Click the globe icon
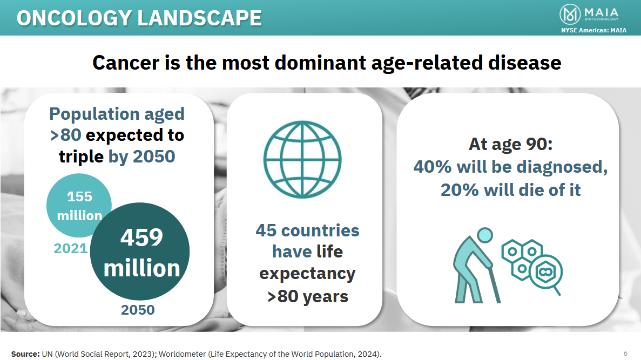pos(302,159)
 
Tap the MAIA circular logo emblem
pos(570,14)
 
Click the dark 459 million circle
pos(140,252)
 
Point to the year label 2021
pos(71,248)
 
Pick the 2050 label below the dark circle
pos(138,310)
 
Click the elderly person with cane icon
pos(477,265)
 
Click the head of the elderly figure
pos(485,235)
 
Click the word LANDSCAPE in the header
pos(199,18)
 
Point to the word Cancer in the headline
pos(126,63)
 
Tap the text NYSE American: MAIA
pos(593,30)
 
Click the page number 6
pos(625,353)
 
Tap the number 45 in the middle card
pos(266,230)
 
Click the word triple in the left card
pos(81,157)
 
